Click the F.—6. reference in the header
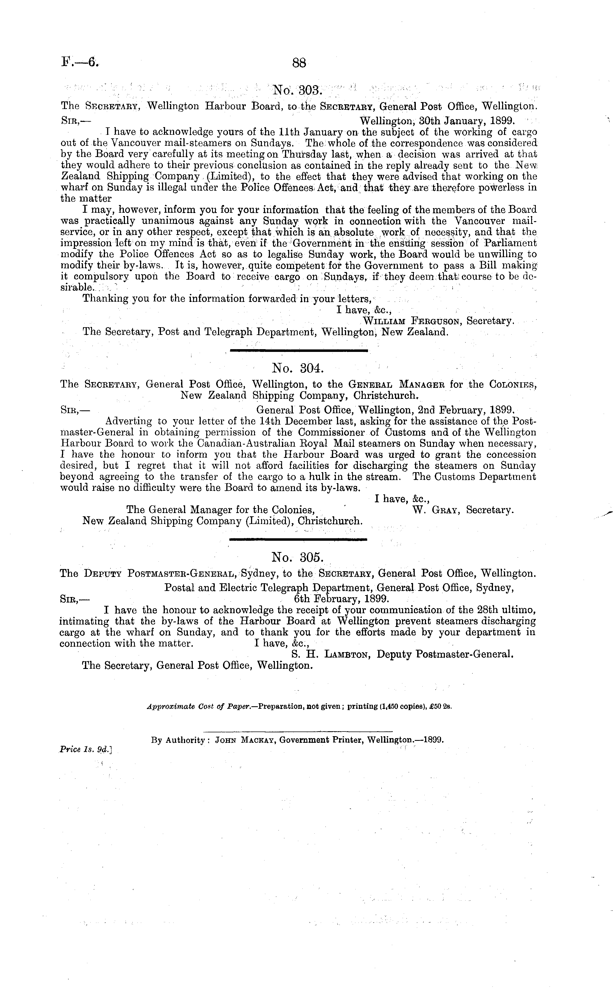coord(80,62)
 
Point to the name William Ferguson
coord(413,321)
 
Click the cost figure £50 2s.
coord(442,707)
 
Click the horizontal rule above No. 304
coord(299,350)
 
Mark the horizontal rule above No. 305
coord(298,539)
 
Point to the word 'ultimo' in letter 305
coord(519,610)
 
